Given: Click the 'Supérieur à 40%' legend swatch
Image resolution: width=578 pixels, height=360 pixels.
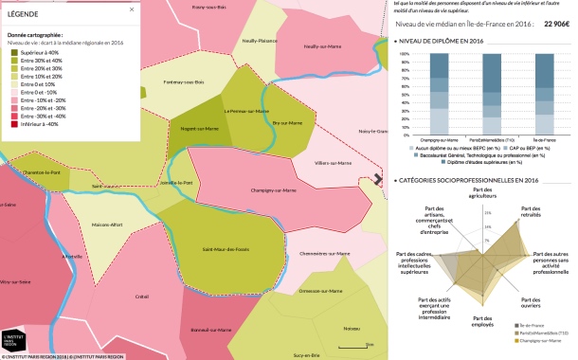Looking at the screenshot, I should click(x=14, y=52).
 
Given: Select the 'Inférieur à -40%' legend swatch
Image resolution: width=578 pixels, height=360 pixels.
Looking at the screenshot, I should click(x=14, y=124).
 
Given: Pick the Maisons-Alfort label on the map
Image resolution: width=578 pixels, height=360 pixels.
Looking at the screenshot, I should click(x=107, y=225).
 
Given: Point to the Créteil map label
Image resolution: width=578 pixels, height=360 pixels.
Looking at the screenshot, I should click(x=142, y=297).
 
